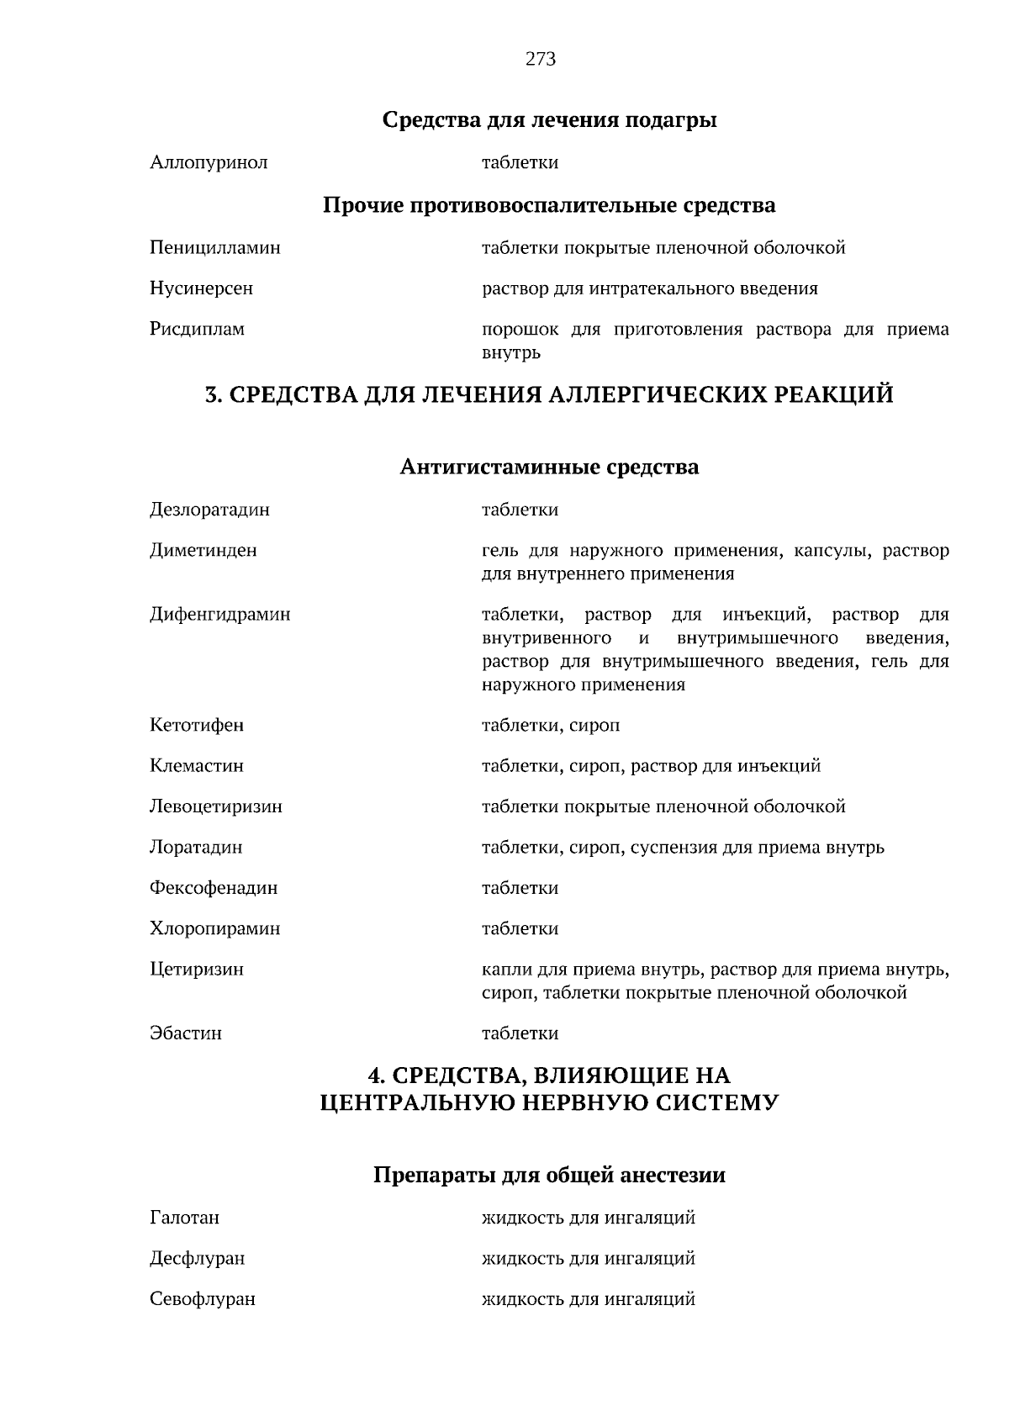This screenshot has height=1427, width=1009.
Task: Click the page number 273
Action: [540, 59]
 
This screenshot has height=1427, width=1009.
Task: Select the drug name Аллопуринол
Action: [209, 162]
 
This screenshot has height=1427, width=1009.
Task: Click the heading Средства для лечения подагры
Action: [549, 120]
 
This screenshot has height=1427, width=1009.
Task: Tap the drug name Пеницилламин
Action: [215, 248]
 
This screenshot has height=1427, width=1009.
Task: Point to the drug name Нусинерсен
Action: [201, 288]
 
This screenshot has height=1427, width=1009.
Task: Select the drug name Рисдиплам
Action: [197, 329]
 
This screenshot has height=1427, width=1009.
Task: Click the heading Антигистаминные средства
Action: [549, 466]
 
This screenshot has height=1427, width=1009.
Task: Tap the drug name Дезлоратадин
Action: [209, 510]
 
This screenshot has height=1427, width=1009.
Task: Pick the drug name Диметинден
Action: [203, 551]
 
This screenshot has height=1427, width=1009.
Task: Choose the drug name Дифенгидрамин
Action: [220, 615]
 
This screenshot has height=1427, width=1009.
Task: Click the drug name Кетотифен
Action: [197, 725]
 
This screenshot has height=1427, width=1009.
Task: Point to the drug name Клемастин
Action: [197, 766]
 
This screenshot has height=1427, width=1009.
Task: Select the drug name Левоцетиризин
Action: [216, 806]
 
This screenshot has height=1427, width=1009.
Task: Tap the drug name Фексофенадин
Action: [214, 888]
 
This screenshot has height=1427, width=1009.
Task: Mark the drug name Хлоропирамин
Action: [215, 929]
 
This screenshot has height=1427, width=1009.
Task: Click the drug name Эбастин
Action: [186, 1033]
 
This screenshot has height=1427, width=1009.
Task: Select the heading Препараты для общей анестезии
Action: [549, 1175]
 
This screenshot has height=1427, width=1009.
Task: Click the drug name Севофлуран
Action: [203, 1299]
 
